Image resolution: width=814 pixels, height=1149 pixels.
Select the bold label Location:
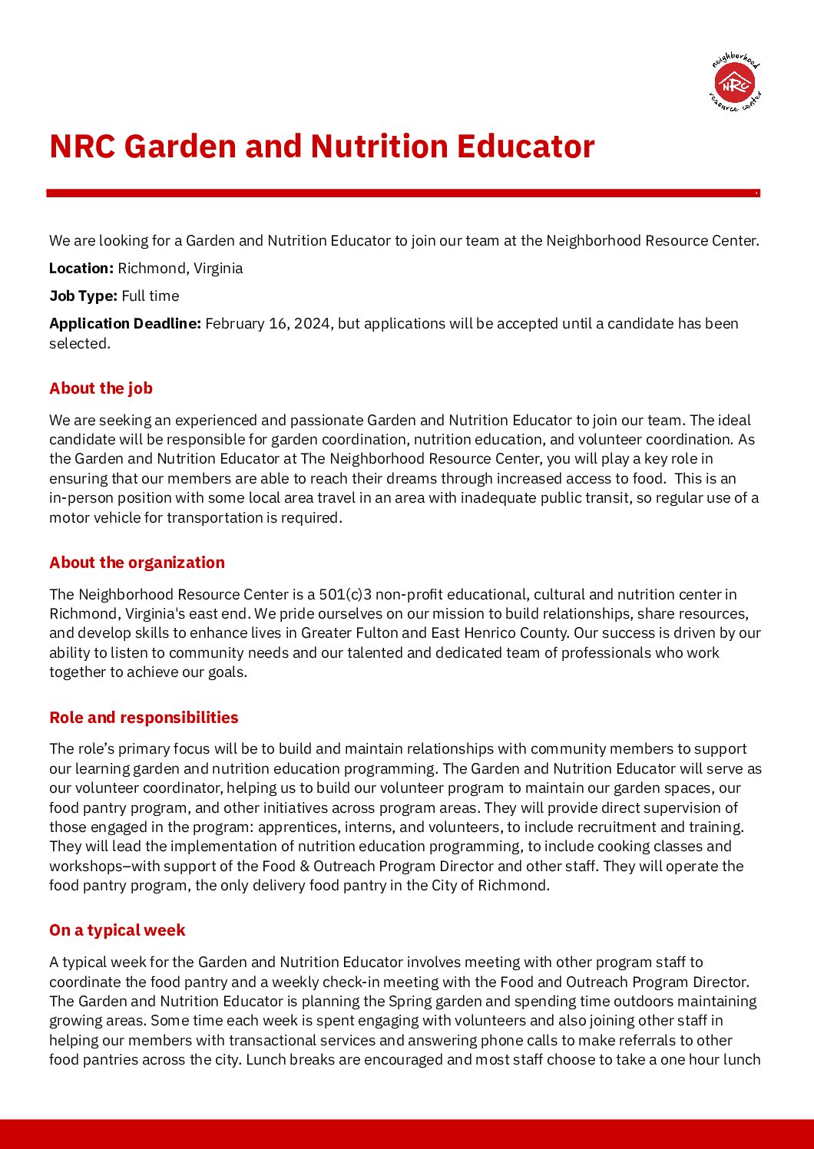click(x=81, y=268)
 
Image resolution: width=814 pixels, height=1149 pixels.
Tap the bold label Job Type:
click(x=84, y=296)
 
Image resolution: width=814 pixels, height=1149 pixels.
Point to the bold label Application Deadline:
click(x=125, y=323)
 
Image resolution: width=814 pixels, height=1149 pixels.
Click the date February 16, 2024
click(x=268, y=323)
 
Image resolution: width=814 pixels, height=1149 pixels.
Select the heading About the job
click(x=101, y=388)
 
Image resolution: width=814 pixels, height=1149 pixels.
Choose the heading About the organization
click(x=137, y=563)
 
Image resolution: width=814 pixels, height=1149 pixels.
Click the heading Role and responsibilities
click(x=144, y=718)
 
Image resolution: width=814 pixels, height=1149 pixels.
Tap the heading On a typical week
click(x=117, y=930)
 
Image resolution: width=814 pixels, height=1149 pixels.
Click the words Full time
click(x=151, y=296)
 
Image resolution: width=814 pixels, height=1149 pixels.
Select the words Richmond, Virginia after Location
click(x=180, y=268)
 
